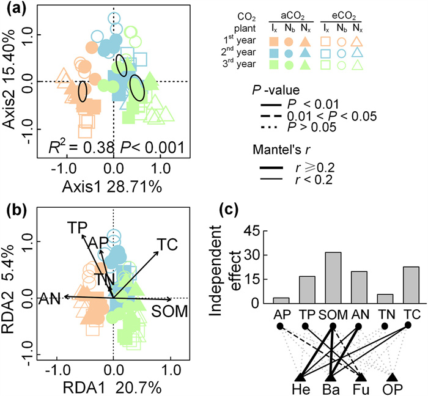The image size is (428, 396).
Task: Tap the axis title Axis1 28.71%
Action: click(114, 188)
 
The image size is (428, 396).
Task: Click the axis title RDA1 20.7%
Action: click(114, 387)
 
